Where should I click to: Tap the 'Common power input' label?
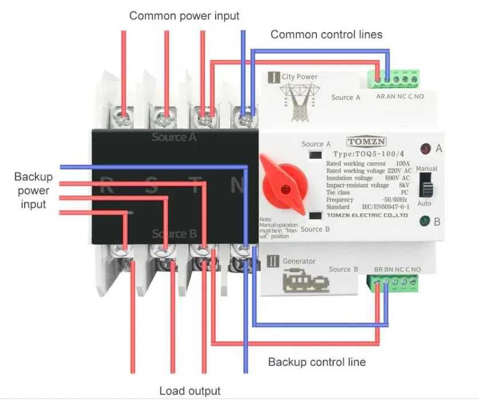184,15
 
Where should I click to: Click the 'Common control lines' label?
326,34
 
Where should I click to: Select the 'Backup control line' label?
316,362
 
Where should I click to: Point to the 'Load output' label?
189,391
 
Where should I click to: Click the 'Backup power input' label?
33,190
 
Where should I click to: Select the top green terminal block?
397,77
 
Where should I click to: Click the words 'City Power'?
299,77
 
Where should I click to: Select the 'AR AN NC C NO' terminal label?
400,97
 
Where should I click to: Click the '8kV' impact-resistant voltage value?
404,185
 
